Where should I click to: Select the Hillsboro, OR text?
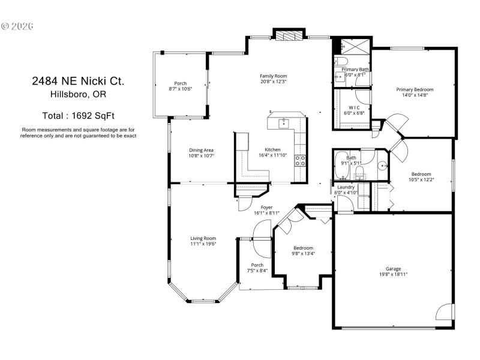tap(78, 94)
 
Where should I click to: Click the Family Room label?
tap(273, 76)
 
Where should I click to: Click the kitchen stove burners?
tap(300, 160)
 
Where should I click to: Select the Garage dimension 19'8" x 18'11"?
tap(393, 274)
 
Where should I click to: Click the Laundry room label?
tap(346, 187)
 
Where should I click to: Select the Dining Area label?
tap(201, 150)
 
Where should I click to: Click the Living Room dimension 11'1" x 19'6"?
tap(203, 244)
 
